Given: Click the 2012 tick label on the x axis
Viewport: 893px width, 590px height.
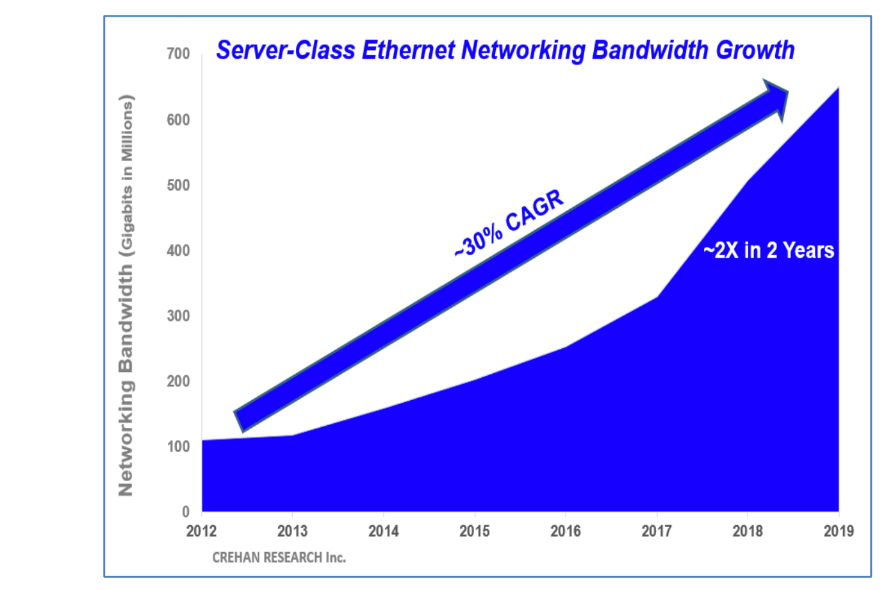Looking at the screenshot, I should (x=202, y=531).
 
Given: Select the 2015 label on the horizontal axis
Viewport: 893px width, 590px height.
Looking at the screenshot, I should (x=475, y=531).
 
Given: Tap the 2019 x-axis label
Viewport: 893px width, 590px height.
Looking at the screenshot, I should (x=839, y=531).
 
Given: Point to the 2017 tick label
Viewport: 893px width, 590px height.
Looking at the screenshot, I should (x=657, y=531).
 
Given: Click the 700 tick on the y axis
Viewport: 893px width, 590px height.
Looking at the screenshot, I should (x=178, y=54).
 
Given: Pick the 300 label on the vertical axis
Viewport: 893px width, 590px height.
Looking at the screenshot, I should (x=178, y=316).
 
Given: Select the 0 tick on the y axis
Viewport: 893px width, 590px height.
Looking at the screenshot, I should (x=186, y=512).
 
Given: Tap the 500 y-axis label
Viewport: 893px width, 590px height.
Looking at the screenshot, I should (x=178, y=185).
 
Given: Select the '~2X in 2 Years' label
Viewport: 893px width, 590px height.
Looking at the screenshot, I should (x=769, y=250).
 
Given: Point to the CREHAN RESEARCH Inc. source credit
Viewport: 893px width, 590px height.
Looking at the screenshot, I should (x=279, y=558).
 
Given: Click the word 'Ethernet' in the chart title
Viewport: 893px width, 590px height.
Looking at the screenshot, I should (x=409, y=50).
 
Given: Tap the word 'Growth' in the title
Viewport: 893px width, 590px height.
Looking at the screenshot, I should (x=755, y=50).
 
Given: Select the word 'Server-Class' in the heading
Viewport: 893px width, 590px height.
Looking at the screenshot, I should (x=286, y=50).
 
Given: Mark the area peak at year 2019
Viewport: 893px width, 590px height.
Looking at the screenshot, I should (x=838, y=88).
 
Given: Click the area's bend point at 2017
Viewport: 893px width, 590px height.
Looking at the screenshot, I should (x=657, y=296).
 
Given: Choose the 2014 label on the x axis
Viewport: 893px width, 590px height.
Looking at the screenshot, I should (x=384, y=531).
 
